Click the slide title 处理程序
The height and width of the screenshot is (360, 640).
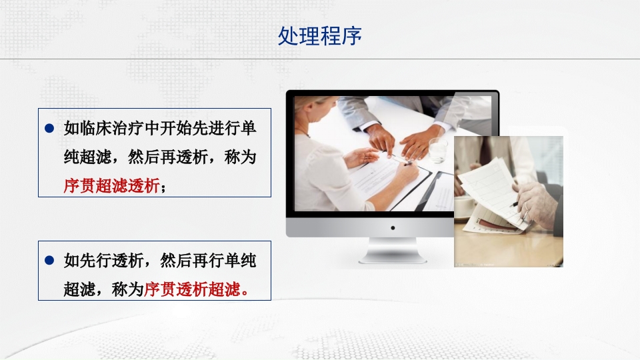coord(319,36)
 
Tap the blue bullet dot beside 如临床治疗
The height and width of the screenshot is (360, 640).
coord(49,128)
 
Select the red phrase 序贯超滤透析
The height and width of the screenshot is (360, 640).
coord(111,186)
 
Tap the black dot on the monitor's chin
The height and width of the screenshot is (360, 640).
coord(393,228)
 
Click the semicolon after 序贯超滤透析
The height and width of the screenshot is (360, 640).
coord(163,187)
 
